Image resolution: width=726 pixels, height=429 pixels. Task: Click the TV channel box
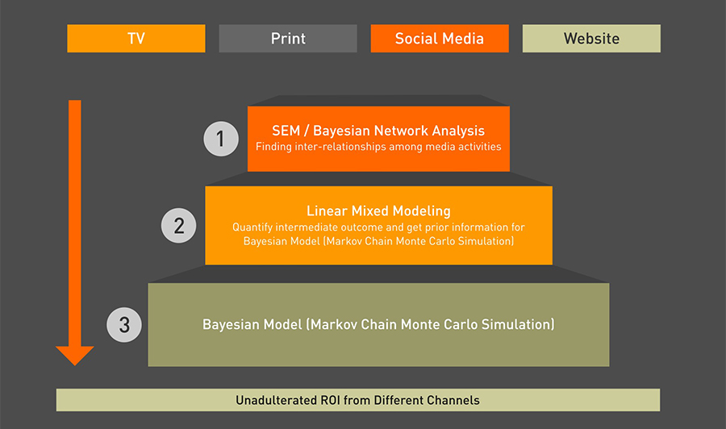coord(136,39)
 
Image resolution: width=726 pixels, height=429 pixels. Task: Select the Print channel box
coord(288,39)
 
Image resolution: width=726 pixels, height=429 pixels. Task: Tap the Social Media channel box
coord(440,39)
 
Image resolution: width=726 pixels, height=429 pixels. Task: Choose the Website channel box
coord(592,39)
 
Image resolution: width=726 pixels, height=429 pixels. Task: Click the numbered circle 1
coord(221,139)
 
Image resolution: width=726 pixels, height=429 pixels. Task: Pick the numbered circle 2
coord(179,226)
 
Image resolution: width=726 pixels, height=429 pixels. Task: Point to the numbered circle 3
coord(124,325)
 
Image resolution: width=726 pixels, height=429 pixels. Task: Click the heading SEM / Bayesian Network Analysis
coord(378,131)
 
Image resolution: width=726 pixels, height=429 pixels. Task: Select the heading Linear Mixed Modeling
coord(378,211)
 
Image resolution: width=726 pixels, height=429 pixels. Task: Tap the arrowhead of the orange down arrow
coord(75,356)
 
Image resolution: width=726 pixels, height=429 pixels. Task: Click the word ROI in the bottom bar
coord(331,400)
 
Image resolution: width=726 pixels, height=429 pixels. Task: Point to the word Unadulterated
coord(277,400)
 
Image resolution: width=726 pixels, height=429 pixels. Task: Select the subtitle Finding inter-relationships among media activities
coord(378,147)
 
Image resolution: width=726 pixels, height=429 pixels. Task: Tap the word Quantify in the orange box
coord(252,227)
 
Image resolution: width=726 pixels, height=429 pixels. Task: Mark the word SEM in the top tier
coord(286,131)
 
